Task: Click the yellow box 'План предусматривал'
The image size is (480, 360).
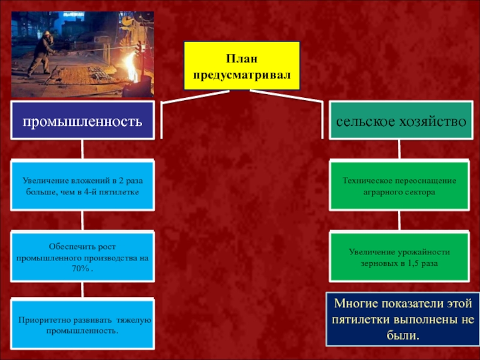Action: [241, 67]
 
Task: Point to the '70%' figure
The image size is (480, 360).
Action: [82, 268]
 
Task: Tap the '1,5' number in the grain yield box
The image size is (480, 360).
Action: [407, 263]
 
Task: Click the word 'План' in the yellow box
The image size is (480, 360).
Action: [241, 59]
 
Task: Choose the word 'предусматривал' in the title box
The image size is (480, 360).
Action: [241, 75]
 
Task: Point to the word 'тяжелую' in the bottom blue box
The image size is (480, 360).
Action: [135, 321]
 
